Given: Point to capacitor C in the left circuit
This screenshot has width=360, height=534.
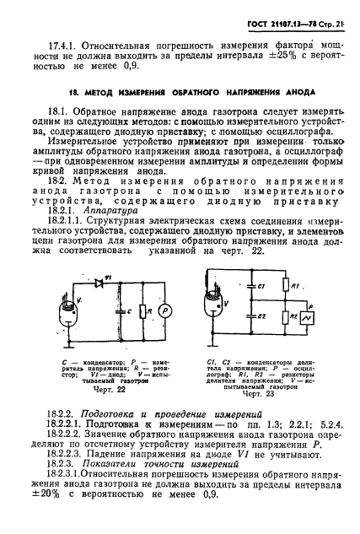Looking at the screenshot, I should [121, 314].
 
